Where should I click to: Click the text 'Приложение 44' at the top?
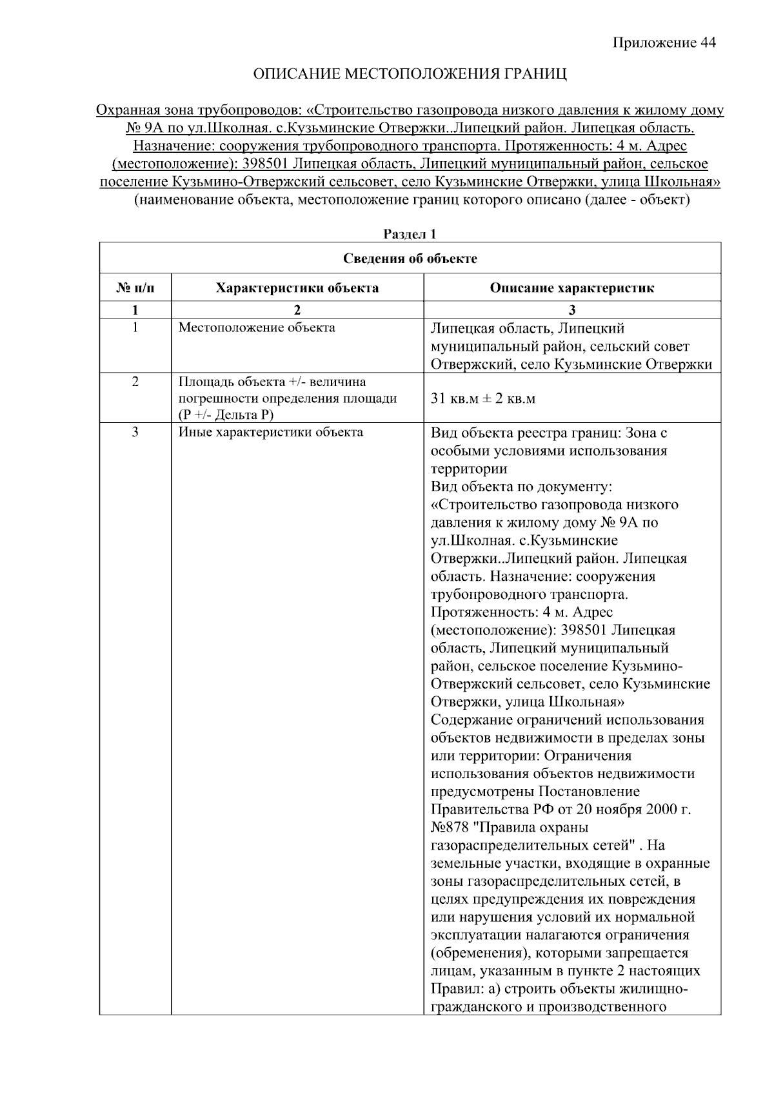(x=664, y=43)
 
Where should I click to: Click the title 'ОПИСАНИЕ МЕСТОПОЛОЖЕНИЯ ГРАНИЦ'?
(x=410, y=74)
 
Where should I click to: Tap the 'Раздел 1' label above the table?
(x=410, y=235)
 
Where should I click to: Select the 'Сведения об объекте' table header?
(x=410, y=259)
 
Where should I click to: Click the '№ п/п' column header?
(x=135, y=288)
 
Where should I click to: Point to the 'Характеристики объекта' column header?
(x=297, y=288)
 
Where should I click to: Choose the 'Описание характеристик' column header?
(x=571, y=288)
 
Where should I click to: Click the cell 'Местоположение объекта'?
(x=257, y=327)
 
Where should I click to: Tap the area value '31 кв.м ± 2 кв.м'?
(x=482, y=398)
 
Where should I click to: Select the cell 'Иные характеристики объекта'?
(x=270, y=432)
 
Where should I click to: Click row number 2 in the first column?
(x=135, y=382)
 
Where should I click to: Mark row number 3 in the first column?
(x=135, y=432)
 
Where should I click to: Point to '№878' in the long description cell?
(x=450, y=827)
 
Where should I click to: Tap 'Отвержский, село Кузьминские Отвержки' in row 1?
(x=571, y=364)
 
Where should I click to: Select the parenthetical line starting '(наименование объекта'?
(x=412, y=200)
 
